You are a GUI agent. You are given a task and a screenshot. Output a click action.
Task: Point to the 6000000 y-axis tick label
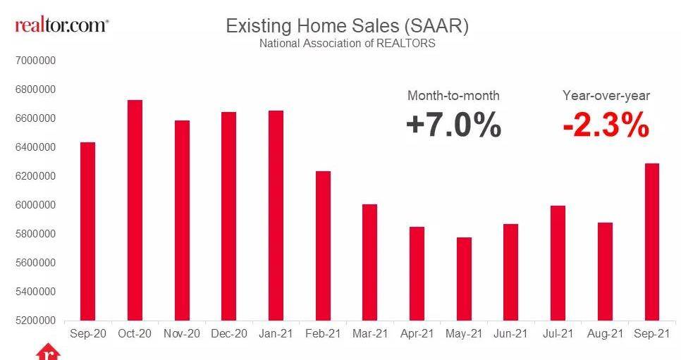[x=35, y=205]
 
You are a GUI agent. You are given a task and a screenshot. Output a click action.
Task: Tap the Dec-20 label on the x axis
[x=228, y=333]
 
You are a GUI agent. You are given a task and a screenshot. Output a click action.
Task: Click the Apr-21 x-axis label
[x=417, y=333]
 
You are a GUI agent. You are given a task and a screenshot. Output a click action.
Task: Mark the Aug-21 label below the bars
[x=605, y=333]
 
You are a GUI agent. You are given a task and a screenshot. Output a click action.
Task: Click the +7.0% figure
[x=453, y=126]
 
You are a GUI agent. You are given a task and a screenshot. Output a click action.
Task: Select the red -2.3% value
[x=606, y=126]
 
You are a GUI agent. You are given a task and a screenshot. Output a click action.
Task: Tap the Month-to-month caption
[x=453, y=96]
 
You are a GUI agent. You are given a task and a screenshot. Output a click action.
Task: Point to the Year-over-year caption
[x=606, y=96]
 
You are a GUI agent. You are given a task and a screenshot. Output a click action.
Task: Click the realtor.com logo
[x=62, y=25]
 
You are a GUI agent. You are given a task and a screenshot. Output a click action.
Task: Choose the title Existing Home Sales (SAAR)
[x=347, y=26]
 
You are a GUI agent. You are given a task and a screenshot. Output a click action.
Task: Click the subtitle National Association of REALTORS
[x=347, y=44]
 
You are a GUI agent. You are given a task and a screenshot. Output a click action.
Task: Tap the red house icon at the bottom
[x=46, y=353]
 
